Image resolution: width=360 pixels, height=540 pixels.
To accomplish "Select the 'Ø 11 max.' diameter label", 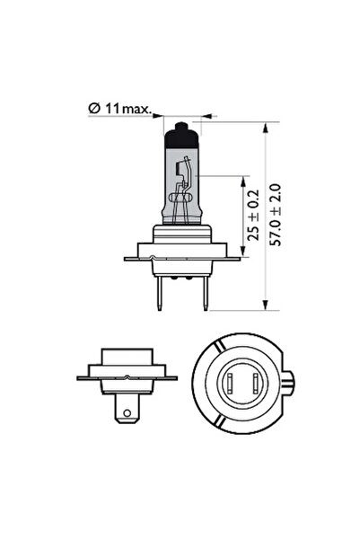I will pos(119,108).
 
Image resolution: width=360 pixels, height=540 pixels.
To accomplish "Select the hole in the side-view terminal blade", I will pos(127,416).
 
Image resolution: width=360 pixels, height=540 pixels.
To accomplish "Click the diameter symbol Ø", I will pos(93,108).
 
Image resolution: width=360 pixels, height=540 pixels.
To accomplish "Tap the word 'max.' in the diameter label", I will pos(136,108).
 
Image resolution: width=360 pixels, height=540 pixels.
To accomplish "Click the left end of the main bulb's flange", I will pos(127,259).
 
